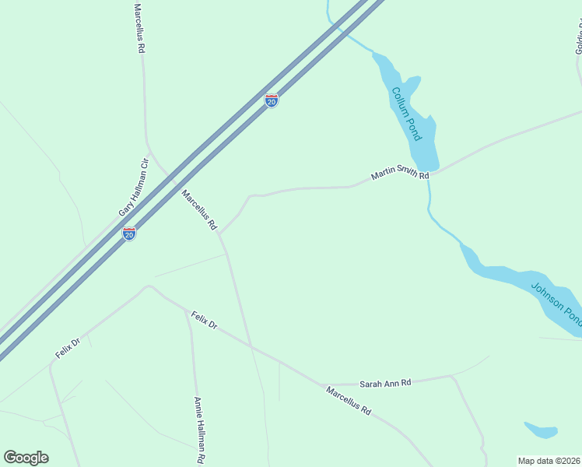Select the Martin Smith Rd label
click(x=400, y=175)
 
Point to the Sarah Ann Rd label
click(x=384, y=383)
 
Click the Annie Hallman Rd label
click(x=198, y=430)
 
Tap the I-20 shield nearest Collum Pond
click(x=271, y=101)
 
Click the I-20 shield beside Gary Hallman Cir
click(x=129, y=233)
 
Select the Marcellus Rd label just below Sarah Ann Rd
click(x=348, y=399)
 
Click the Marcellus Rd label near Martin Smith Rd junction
click(x=198, y=210)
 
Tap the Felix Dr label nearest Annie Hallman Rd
click(x=204, y=319)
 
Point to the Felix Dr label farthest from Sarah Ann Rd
click(x=68, y=348)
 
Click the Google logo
click(x=26, y=458)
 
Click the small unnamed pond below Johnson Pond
click(x=541, y=430)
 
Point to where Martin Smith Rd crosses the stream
click(x=429, y=173)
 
